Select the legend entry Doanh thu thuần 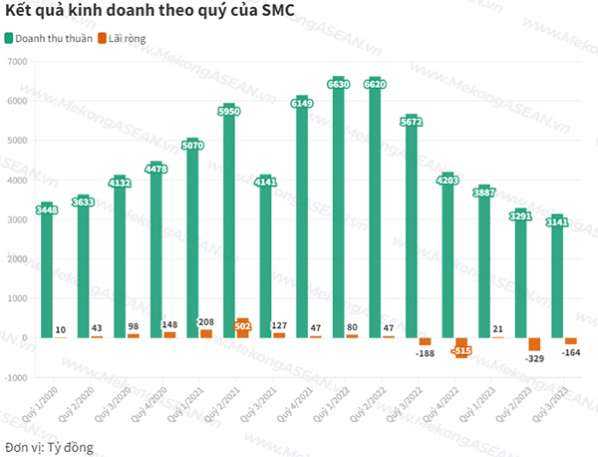[x=56, y=39]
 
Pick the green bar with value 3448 [x=46, y=274]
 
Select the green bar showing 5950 [x=228, y=225]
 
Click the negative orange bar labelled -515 [x=461, y=347]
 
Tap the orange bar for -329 [x=534, y=344]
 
